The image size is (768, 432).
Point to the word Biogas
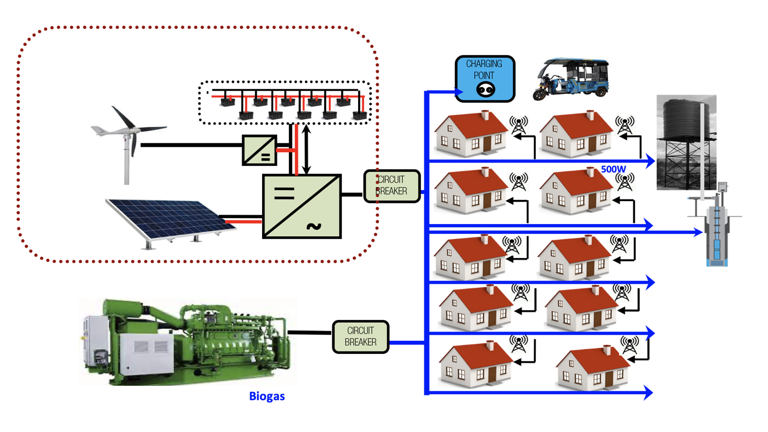(x=267, y=396)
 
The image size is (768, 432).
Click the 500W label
(x=613, y=169)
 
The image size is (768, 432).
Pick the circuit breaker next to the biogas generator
(x=360, y=337)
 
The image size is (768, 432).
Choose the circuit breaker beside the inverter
(x=392, y=186)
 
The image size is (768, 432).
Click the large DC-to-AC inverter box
(x=302, y=206)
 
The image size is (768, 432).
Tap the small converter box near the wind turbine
(x=259, y=150)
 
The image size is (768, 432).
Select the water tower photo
(x=686, y=142)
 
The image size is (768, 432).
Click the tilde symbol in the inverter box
(x=314, y=227)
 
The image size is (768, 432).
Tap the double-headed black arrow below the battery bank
(x=306, y=149)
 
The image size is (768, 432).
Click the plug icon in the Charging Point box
(x=486, y=90)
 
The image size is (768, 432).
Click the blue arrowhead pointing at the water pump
(x=698, y=232)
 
